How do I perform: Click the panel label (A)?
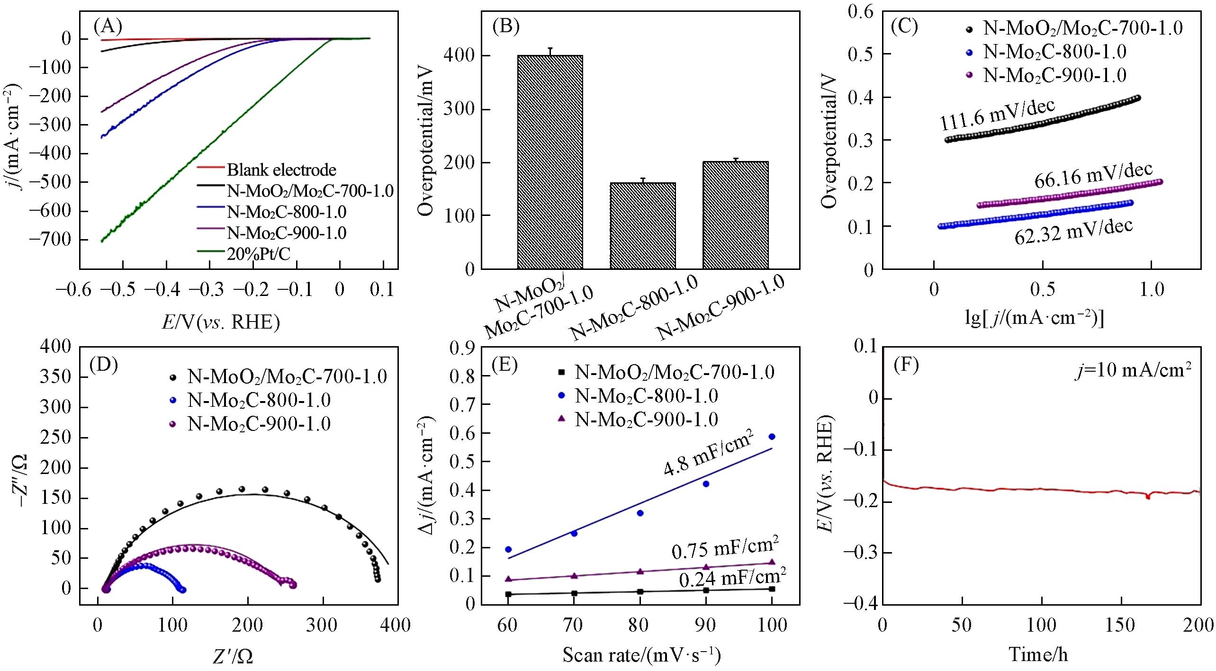(x=108, y=27)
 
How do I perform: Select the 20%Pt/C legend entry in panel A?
(x=258, y=254)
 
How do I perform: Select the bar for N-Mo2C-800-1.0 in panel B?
(x=642, y=225)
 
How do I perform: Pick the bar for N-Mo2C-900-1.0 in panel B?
(x=735, y=215)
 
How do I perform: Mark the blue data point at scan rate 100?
(x=772, y=437)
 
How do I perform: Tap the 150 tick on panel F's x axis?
(x=1121, y=625)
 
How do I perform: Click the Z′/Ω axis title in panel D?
(x=232, y=656)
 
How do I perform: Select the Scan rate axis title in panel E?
(x=641, y=654)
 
